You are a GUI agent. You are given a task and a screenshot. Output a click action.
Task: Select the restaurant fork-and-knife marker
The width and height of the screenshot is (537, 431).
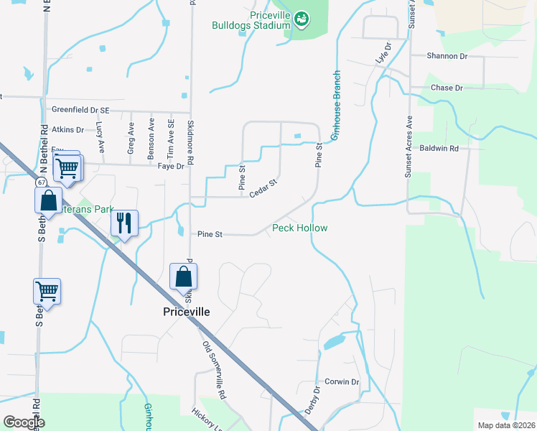[124, 223]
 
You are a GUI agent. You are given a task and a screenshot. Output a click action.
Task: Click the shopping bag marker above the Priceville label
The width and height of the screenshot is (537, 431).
[183, 277]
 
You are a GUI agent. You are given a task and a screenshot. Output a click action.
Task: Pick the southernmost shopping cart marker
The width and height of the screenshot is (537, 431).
[47, 292]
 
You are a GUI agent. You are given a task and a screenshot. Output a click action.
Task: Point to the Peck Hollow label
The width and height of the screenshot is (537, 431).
[299, 228]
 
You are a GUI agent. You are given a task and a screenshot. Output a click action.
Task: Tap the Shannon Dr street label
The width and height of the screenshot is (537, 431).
[447, 55]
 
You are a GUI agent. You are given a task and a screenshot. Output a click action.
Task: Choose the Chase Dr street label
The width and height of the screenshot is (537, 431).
[447, 88]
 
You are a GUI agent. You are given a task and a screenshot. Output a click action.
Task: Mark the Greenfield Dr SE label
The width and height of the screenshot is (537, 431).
[80, 110]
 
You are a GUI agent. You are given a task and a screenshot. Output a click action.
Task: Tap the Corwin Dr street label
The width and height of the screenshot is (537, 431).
[341, 382]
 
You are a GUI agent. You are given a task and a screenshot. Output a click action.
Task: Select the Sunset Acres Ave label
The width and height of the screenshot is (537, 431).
[409, 147]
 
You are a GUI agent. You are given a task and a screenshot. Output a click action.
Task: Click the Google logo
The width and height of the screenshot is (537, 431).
[24, 422]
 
